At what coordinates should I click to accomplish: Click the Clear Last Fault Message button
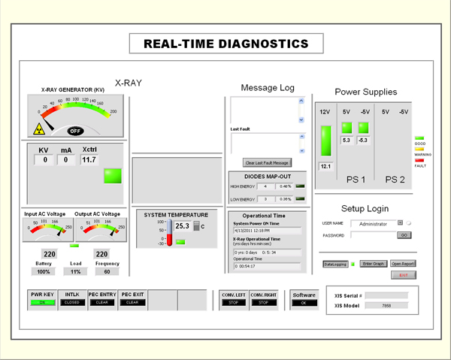pos(268,162)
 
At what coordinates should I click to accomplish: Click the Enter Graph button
pos(374,264)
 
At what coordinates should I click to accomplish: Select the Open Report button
pos(403,264)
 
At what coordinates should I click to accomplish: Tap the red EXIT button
pos(403,275)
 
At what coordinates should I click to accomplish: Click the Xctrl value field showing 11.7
pos(89,159)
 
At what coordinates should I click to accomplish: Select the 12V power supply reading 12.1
pos(325,166)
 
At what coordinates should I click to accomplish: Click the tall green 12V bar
pos(325,141)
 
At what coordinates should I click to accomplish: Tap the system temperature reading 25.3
pos(183,225)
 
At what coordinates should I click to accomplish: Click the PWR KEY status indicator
pos(42,302)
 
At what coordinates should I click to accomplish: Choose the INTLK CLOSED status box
pos(72,302)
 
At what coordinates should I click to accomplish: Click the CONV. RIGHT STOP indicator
pos(263,302)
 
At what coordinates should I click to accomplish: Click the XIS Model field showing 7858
pos(386,306)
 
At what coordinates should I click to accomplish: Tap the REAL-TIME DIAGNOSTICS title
pos(225,44)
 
